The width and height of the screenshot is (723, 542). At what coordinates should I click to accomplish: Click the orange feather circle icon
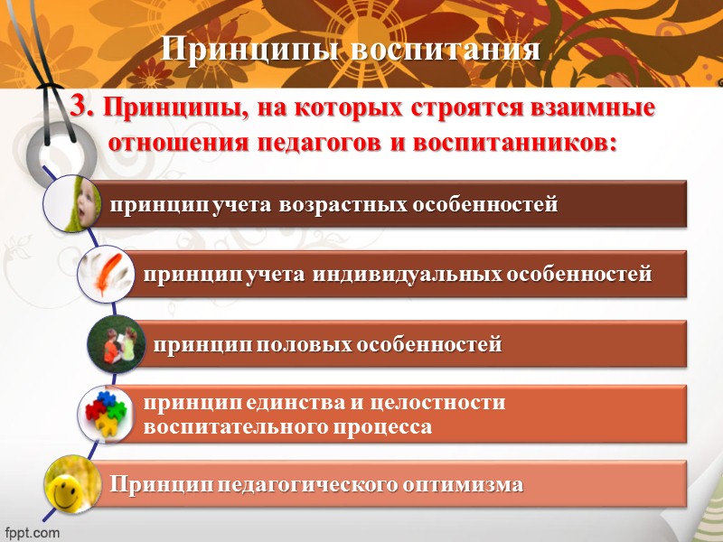pyautogui.click(x=107, y=275)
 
